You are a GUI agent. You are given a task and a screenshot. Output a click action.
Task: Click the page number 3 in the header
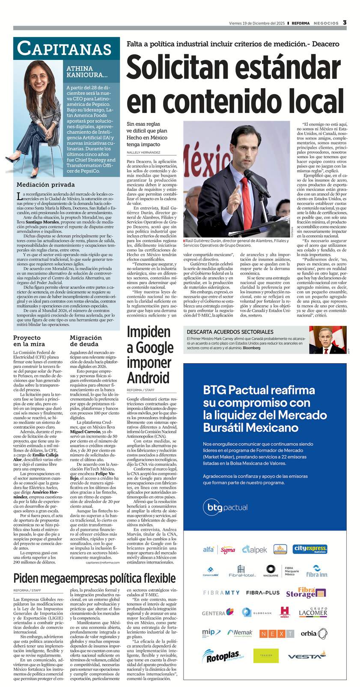click(x=345, y=23)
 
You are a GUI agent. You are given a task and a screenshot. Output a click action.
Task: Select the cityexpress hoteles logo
click(x=310, y=549)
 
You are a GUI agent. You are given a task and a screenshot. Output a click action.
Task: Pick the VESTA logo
click(x=306, y=656)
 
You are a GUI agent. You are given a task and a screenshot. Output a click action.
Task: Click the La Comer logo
click(x=313, y=612)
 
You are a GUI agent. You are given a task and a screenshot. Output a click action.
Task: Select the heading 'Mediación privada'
click(x=46, y=185)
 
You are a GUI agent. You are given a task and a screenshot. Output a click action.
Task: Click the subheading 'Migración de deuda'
click(x=86, y=341)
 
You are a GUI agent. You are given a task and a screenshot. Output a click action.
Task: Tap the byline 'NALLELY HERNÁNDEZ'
click(x=143, y=152)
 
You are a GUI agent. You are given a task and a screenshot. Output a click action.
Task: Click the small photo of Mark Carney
click(x=333, y=340)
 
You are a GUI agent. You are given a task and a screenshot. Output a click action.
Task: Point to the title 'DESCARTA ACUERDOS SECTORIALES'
click(x=230, y=332)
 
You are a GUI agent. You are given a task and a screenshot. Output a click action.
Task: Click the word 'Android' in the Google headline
click(x=148, y=378)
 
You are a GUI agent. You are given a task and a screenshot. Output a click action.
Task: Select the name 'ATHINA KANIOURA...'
click(x=87, y=71)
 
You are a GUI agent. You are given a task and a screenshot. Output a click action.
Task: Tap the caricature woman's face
click(x=36, y=77)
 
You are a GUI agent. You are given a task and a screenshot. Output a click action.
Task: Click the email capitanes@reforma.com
click(x=102, y=563)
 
